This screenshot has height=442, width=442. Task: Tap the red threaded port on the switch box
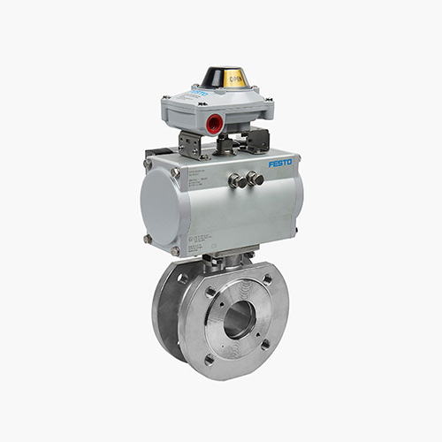click(x=215, y=124)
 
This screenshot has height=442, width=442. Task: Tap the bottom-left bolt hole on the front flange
click(x=209, y=359)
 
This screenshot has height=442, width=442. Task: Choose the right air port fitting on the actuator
click(x=255, y=179)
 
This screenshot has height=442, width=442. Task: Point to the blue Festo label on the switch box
click(x=198, y=93)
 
